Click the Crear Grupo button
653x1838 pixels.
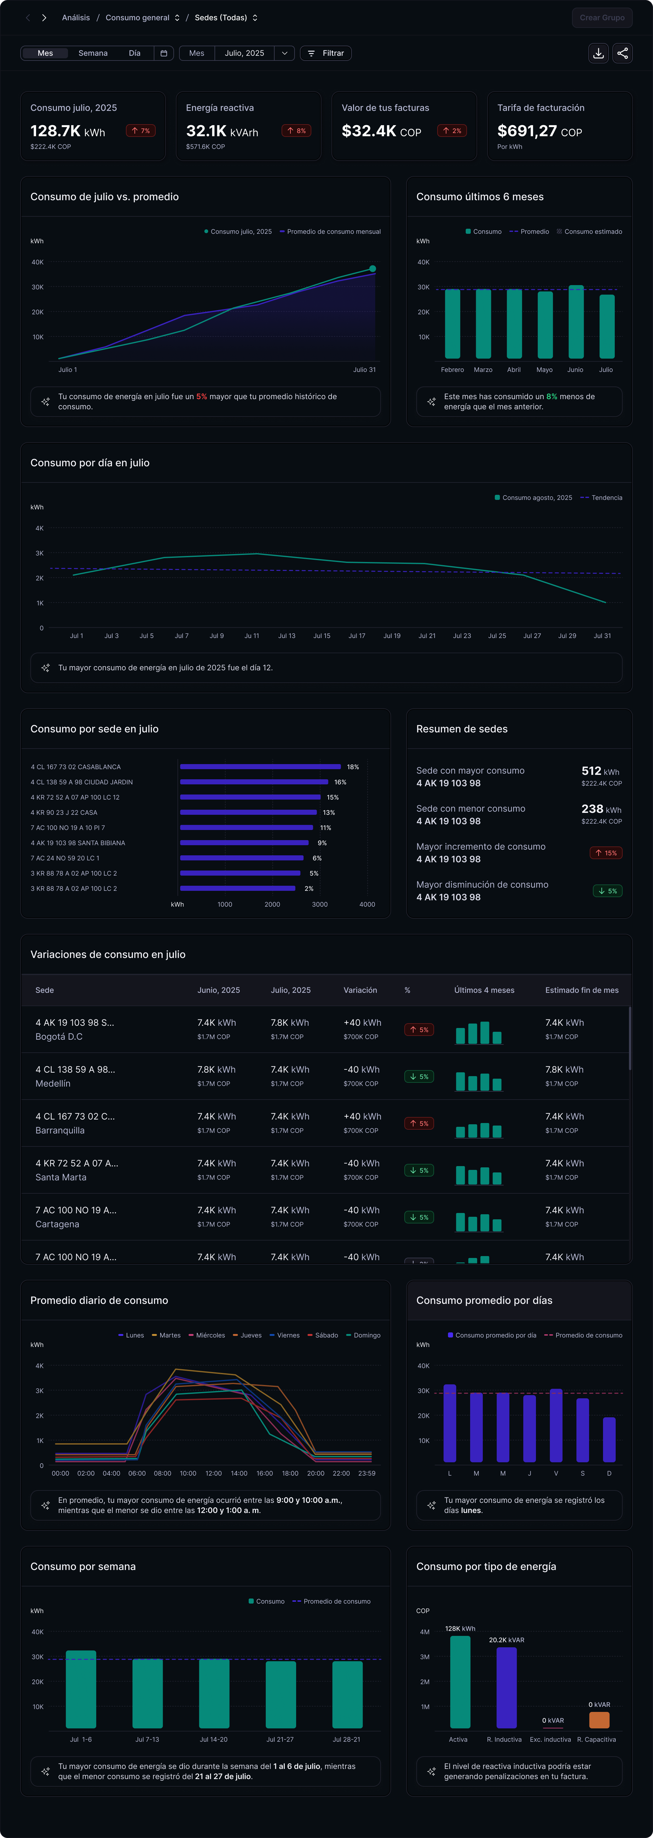point(602,18)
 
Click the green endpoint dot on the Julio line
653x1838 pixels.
point(372,269)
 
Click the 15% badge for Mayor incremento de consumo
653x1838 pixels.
point(606,853)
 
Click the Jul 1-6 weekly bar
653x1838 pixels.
point(81,1689)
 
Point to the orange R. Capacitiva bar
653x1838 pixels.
point(599,1720)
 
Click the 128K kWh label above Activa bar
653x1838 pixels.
point(460,1628)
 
